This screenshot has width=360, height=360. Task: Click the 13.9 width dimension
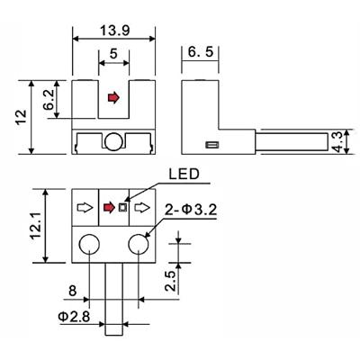pyautogui.click(x=114, y=31)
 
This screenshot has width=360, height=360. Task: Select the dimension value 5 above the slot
pyautogui.click(x=113, y=54)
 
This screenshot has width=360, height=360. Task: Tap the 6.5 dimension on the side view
pyautogui.click(x=201, y=51)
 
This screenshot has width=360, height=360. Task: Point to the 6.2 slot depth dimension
pyautogui.click(x=49, y=100)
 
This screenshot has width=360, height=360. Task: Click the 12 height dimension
pyautogui.click(x=21, y=118)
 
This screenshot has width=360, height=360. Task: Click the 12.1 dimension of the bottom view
pyautogui.click(x=36, y=225)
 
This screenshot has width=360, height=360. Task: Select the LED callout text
pyautogui.click(x=184, y=174)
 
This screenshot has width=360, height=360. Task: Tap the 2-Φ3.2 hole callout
pyautogui.click(x=191, y=210)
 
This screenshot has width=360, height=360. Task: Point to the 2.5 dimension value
pyautogui.click(x=170, y=281)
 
